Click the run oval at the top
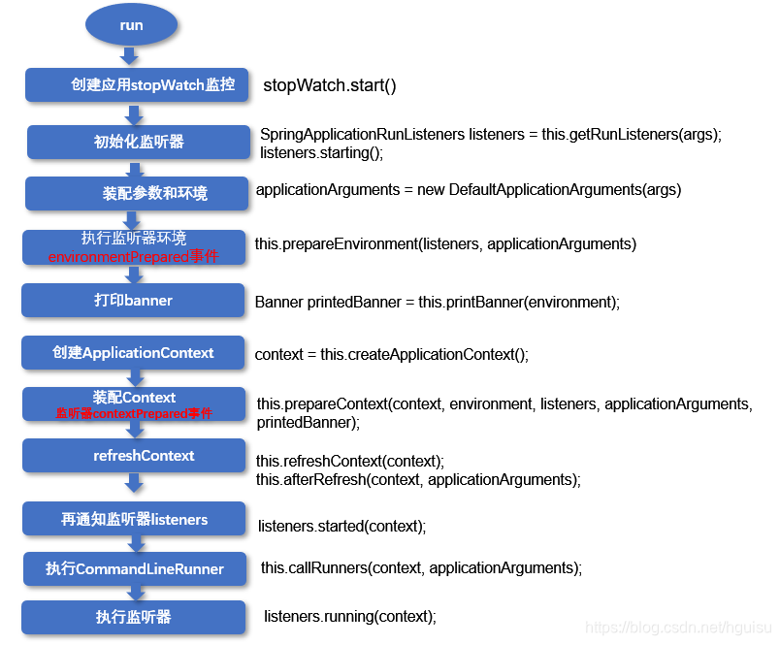click(x=131, y=25)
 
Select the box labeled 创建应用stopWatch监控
click(x=137, y=85)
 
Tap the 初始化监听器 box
click(x=139, y=142)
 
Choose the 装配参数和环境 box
click(x=137, y=193)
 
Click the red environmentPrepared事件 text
click(x=133, y=257)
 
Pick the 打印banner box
click(x=133, y=301)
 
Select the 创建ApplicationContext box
click(x=133, y=353)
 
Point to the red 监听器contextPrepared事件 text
click(x=134, y=413)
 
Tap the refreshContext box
click(x=134, y=456)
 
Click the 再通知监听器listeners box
click(x=134, y=519)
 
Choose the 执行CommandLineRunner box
click(x=135, y=568)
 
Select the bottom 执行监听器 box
click(x=133, y=617)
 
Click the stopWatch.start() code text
click(x=330, y=85)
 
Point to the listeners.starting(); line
click(x=322, y=152)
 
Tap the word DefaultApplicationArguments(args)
click(x=565, y=189)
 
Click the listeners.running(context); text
click(x=349, y=617)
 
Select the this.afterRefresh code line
click(x=418, y=480)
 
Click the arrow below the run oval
click(x=129, y=55)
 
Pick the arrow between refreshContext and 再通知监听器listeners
click(x=134, y=482)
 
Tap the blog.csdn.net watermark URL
click(x=678, y=628)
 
